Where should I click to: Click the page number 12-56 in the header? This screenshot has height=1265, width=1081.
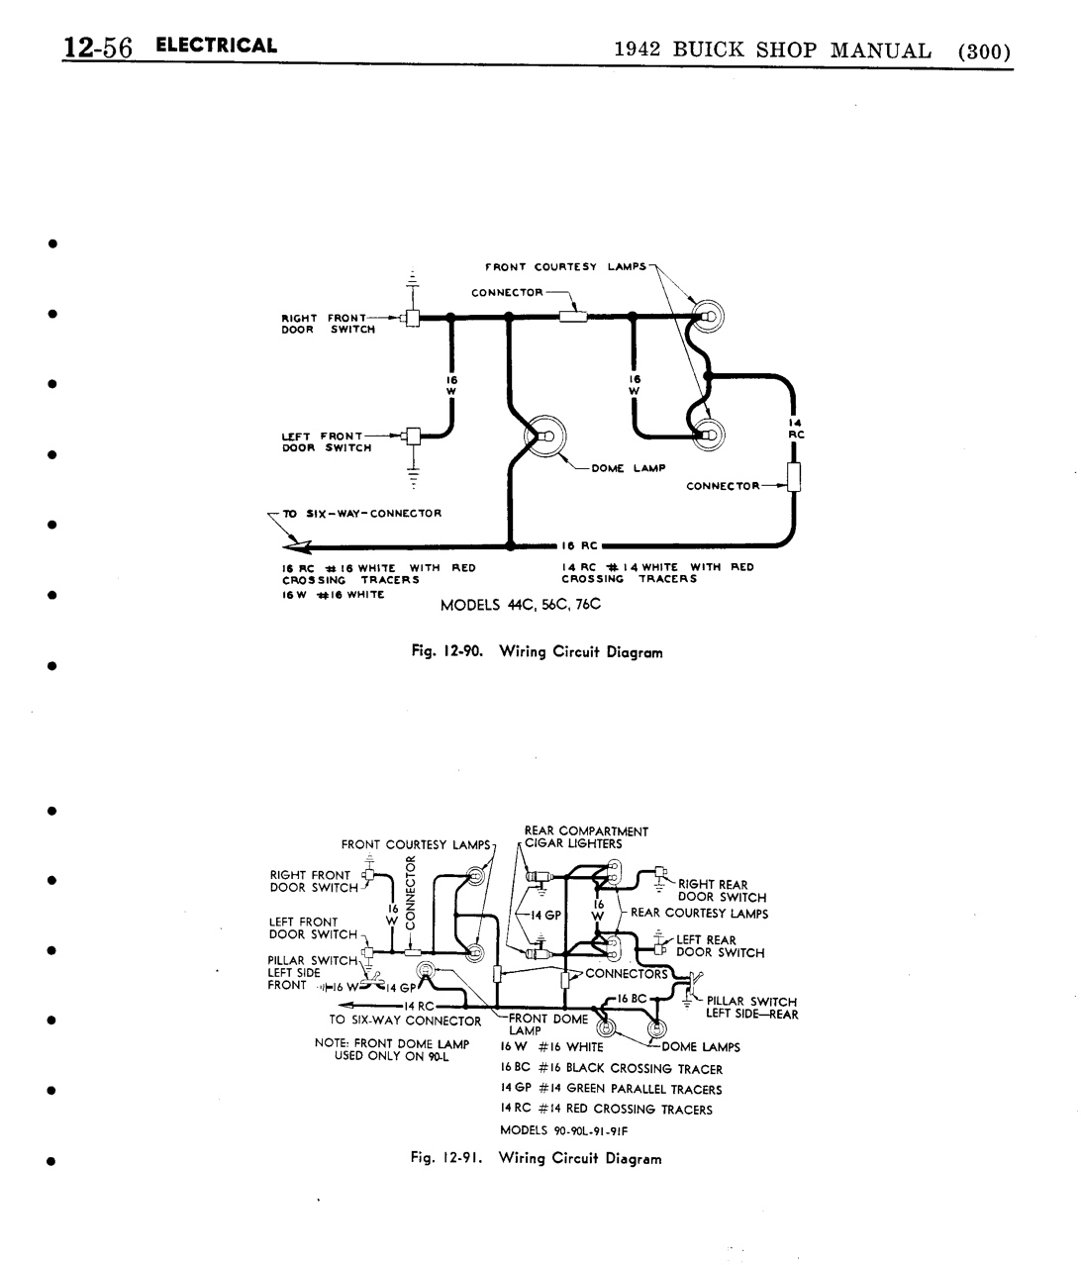(97, 48)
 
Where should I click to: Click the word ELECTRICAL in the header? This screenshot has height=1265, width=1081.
(216, 46)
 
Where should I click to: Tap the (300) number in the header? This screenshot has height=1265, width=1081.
(984, 51)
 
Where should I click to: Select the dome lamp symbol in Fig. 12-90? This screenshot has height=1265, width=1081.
(544, 437)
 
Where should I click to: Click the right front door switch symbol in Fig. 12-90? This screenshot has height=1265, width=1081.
(412, 318)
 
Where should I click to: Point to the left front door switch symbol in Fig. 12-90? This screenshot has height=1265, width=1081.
(413, 436)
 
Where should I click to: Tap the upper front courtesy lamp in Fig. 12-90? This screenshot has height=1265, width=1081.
(707, 317)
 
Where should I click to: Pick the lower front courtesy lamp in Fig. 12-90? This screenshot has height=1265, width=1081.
(708, 436)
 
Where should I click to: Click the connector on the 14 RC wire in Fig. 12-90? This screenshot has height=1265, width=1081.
(793, 477)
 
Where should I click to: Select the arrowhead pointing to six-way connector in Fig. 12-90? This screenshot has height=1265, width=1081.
(297, 546)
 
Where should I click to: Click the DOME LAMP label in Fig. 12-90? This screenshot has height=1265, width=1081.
(628, 468)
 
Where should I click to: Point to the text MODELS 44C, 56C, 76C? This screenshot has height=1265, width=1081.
(521, 605)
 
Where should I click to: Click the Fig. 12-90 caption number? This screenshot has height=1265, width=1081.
(446, 651)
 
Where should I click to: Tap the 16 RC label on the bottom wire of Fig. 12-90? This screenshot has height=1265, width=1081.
(579, 546)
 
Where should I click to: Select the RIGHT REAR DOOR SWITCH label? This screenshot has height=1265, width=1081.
(722, 891)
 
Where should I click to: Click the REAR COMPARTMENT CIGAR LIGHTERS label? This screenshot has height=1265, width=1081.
(586, 837)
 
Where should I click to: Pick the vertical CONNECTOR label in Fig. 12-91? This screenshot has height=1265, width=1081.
(410, 892)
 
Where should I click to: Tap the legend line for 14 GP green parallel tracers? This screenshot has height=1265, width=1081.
(611, 1089)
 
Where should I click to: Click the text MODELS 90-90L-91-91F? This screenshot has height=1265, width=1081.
(563, 1130)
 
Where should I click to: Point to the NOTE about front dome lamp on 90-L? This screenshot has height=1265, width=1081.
(392, 1049)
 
